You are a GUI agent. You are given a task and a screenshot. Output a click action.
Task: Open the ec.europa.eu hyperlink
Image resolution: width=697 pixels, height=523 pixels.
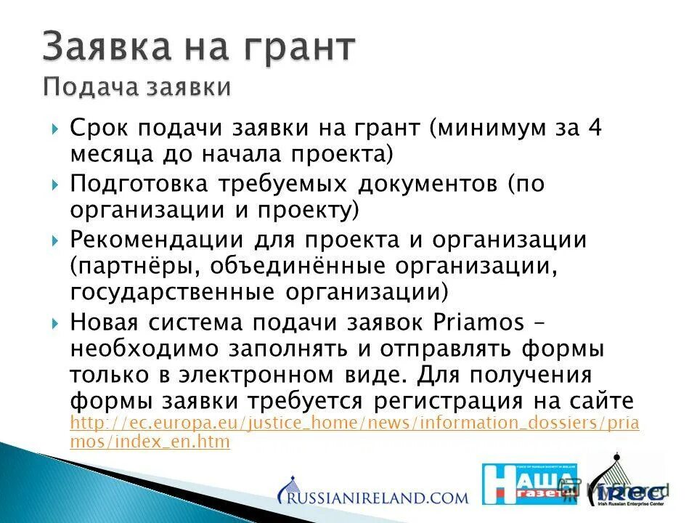point(354,424)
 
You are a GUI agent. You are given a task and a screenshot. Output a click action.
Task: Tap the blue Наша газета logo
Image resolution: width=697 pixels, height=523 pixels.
point(529,483)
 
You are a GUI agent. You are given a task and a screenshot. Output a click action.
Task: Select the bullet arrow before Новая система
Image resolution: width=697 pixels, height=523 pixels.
point(57,322)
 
